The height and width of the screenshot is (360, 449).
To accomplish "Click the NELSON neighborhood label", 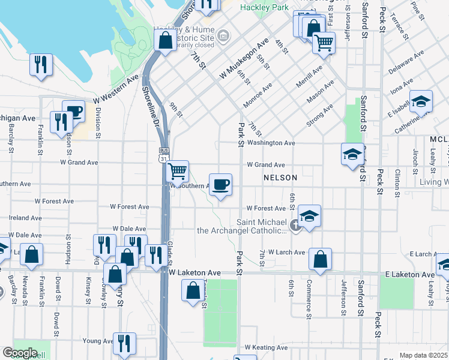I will coord(280,178).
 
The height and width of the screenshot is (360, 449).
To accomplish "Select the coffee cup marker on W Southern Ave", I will coord(220,184).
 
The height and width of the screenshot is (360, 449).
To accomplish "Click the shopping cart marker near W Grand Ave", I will coord(177,172).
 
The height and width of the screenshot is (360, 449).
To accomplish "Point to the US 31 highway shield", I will coord(163,158).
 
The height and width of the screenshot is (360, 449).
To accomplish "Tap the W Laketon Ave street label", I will coord(194,273).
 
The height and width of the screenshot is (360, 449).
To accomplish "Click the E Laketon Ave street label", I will coord(409,274).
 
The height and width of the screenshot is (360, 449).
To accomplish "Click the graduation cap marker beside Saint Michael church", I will coord(309,216).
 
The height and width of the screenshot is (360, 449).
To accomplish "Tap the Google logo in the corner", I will coord(20,353).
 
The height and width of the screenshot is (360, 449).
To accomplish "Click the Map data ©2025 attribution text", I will coord(423,355).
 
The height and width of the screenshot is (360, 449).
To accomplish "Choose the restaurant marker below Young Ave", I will coord(124,344).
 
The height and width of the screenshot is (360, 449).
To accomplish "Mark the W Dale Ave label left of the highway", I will coord(129,229).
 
